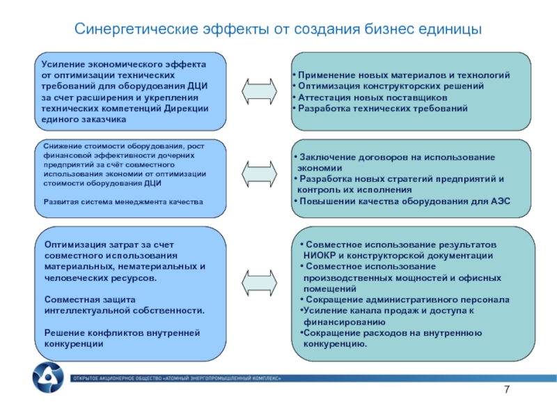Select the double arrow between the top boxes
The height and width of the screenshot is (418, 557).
(x=259, y=91)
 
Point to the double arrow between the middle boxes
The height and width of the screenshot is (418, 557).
(x=259, y=175)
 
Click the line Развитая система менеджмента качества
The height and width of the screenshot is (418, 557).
(x=123, y=202)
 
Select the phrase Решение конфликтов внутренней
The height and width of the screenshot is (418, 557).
(x=122, y=333)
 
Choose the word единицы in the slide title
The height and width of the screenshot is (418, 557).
(x=450, y=31)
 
